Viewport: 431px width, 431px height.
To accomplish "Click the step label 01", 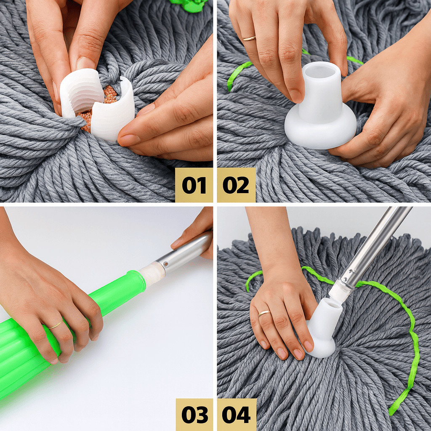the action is pos(194,185).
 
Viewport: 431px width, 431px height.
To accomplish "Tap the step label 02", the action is pos(236,185).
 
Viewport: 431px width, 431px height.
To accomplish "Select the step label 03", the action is pos(194,415).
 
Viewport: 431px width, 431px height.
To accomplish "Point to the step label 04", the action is pos(236,415).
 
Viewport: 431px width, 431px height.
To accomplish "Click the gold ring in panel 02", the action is pos(249,38).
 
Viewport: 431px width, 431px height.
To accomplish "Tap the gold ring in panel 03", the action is pos(56,325).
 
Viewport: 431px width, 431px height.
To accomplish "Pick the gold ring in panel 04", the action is pos(264,313).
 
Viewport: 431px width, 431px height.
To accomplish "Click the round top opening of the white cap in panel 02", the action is pos(320,71).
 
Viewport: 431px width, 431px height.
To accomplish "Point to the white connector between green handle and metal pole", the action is pos(152,273).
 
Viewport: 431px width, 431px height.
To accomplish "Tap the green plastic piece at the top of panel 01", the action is pos(190,5).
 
